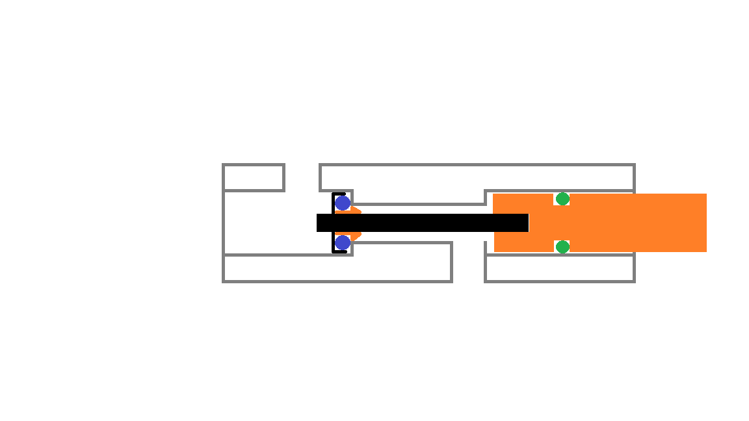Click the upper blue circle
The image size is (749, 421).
click(343, 203)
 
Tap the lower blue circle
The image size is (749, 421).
click(343, 243)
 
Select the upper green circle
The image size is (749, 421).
click(562, 199)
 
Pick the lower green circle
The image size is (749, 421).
click(562, 247)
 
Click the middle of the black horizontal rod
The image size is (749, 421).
click(423, 223)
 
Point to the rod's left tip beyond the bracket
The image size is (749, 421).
click(324, 223)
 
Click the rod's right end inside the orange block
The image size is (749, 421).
click(523, 223)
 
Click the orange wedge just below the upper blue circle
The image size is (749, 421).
click(355, 210)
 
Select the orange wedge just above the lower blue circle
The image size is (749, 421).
click(355, 235)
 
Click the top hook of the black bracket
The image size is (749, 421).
click(339, 194)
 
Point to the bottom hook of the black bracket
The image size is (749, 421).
click(339, 251)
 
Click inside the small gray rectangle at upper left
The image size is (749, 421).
click(254, 177)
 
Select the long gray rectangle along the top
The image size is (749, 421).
click(477, 177)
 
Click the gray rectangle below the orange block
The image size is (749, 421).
click(560, 268)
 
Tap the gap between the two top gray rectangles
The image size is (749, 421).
click(302, 177)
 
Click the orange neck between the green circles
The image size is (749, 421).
click(562, 223)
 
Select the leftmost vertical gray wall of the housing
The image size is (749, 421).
click(224, 223)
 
